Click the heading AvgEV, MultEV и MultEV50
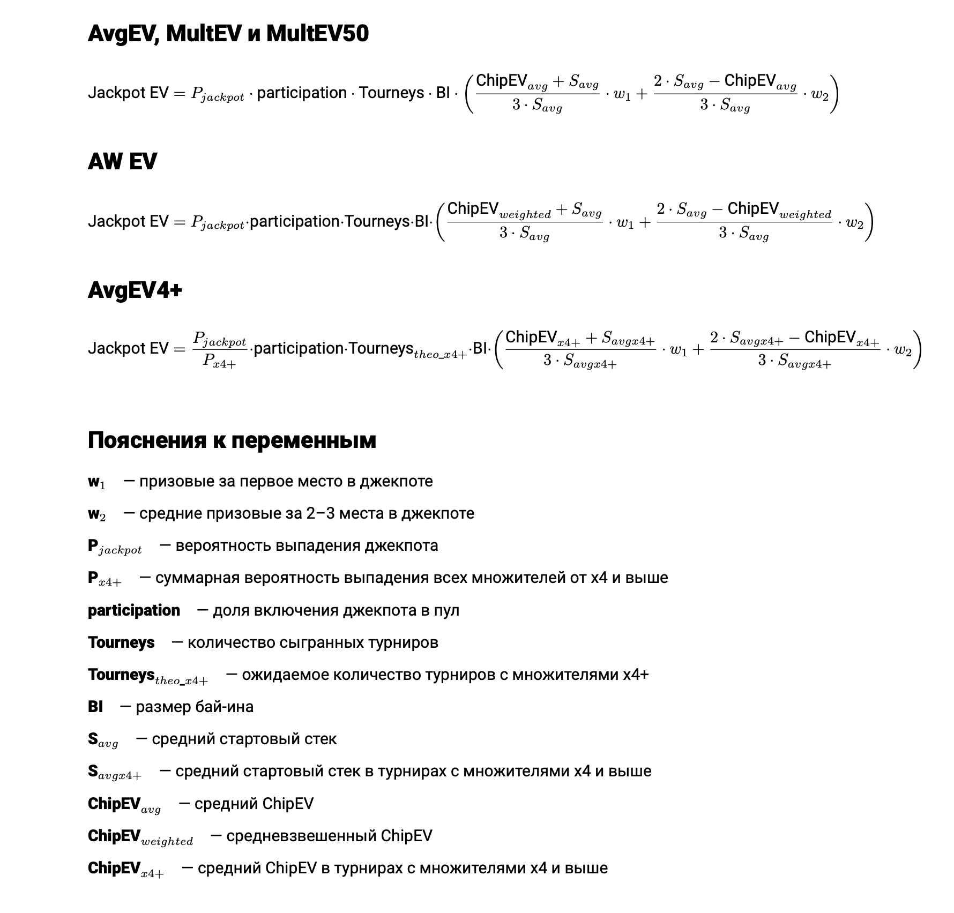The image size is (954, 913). click(x=228, y=34)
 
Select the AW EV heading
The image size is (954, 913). click(x=122, y=162)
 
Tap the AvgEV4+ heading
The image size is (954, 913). click(x=135, y=290)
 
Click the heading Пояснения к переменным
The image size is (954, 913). click(x=232, y=440)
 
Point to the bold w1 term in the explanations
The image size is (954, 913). click(x=96, y=482)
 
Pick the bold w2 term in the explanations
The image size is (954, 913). click(x=96, y=514)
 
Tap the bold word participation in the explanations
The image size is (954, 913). click(x=134, y=611)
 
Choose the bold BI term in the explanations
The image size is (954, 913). click(x=95, y=707)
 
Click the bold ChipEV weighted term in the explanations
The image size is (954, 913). click(x=140, y=837)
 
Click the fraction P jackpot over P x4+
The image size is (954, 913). click(x=219, y=349)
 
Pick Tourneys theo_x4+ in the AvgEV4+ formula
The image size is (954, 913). click(x=407, y=350)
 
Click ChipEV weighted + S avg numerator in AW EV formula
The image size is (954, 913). click(x=524, y=209)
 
